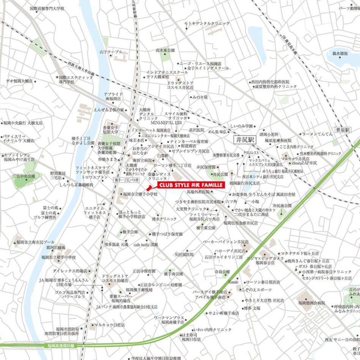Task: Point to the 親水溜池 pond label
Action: point(340,54)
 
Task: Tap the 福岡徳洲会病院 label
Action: point(311,303)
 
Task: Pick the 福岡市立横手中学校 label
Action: point(58,257)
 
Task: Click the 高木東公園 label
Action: point(165,50)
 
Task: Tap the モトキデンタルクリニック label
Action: point(207,24)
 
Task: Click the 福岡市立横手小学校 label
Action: point(139,194)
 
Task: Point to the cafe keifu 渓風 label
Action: point(151,245)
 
